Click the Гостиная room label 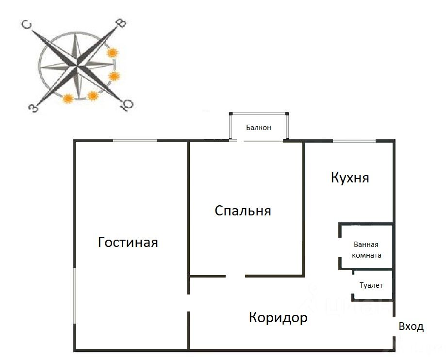(128, 242)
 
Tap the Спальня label (243, 211)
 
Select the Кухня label (350, 178)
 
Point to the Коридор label (278, 318)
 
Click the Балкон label (258, 128)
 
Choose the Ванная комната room (367, 250)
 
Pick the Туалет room (371, 285)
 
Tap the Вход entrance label (411, 327)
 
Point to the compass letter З (33, 107)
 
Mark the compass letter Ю (128, 105)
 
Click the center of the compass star (77, 66)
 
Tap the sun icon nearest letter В (113, 52)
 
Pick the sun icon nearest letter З (68, 99)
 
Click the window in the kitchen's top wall (354, 141)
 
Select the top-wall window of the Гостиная (135, 141)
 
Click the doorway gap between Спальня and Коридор (235, 276)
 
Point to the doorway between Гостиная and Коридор (188, 303)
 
